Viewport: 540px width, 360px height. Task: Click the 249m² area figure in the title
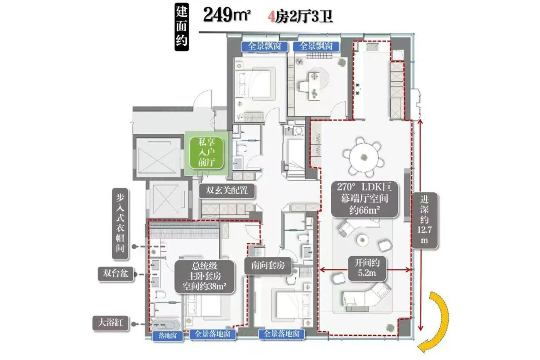pyautogui.click(x=227, y=15)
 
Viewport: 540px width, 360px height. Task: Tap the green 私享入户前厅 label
pyautogui.click(x=206, y=152)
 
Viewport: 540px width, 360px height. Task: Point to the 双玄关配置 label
pyautogui.click(x=227, y=191)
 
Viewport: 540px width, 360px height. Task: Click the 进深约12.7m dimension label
pyautogui.click(x=425, y=220)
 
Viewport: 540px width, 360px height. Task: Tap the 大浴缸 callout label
pyautogui.click(x=111, y=323)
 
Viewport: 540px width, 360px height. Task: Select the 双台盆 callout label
pyautogui.click(x=116, y=274)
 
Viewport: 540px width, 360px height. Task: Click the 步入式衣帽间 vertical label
pyautogui.click(x=120, y=223)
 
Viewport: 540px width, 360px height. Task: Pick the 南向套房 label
pyautogui.click(x=268, y=266)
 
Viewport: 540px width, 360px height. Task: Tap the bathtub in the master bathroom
pyautogui.click(x=166, y=325)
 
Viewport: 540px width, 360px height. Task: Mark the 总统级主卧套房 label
pyautogui.click(x=204, y=277)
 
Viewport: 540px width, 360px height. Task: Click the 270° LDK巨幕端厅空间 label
pyautogui.click(x=364, y=199)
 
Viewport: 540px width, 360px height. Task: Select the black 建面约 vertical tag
pyautogui.click(x=182, y=27)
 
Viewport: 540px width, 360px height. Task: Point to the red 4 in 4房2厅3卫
pyautogui.click(x=271, y=17)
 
